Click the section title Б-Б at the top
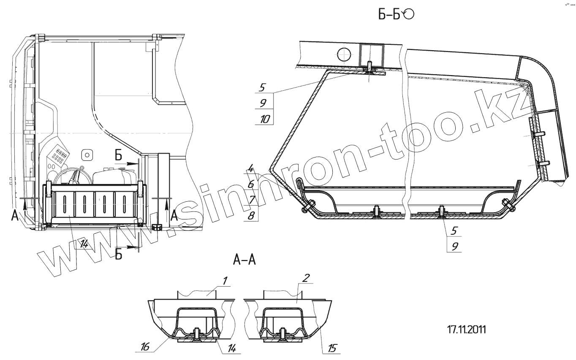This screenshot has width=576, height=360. [x=389, y=15]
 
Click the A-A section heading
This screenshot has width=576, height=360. [x=245, y=260]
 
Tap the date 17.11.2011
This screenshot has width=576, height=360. [x=467, y=330]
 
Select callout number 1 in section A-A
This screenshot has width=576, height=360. [x=225, y=281]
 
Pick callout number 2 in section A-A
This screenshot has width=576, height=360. [x=306, y=278]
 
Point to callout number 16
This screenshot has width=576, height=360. [x=145, y=347]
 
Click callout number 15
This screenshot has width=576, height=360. [x=332, y=349]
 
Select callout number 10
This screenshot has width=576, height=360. [x=265, y=119]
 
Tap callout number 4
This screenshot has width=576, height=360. [x=251, y=169]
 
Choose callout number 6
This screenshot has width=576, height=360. [x=251, y=184]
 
